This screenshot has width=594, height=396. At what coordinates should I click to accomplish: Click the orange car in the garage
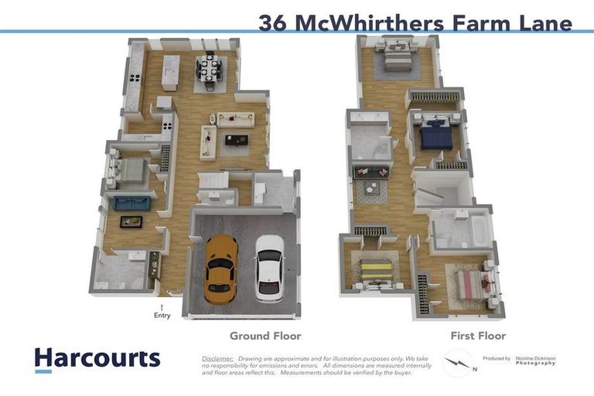tap(220, 268)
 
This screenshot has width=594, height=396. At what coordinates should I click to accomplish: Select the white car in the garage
tap(269, 267)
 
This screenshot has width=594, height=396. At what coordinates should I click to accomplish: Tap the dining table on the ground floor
tap(210, 70)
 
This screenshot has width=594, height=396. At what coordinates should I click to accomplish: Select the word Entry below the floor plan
tap(162, 315)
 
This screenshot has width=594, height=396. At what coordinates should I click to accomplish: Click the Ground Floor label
tap(265, 336)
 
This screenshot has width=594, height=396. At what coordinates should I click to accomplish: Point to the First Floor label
tap(478, 336)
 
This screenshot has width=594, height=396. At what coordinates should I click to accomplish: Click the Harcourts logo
tap(97, 359)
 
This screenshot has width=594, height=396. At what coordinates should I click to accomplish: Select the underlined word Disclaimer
tap(217, 359)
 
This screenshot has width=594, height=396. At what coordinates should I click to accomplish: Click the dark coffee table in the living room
tap(236, 140)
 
